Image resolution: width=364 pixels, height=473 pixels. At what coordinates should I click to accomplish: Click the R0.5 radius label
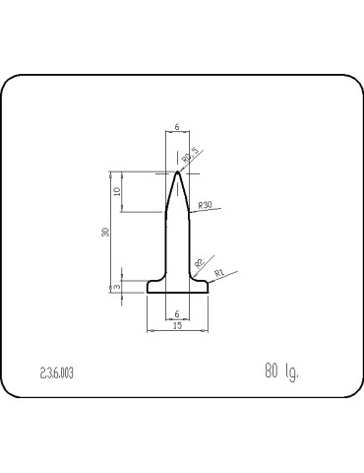190,156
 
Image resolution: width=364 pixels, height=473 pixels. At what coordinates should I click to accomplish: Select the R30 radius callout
205,204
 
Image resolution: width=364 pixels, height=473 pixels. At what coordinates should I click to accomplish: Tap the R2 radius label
199,262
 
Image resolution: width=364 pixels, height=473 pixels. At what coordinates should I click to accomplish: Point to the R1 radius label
220,272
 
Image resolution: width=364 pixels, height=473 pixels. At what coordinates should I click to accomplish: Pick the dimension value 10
117,192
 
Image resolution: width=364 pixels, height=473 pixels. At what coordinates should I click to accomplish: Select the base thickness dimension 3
117,287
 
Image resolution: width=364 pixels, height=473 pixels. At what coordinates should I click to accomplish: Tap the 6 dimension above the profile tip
177,127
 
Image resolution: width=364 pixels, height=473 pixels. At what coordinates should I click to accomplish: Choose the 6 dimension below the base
177,312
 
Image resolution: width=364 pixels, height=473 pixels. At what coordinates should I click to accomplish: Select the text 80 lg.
280,371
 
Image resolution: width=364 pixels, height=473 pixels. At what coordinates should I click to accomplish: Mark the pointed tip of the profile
177,172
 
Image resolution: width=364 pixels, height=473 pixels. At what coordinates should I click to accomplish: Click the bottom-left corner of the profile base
148,293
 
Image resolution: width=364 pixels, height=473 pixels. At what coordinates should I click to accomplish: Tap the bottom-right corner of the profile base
209,293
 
